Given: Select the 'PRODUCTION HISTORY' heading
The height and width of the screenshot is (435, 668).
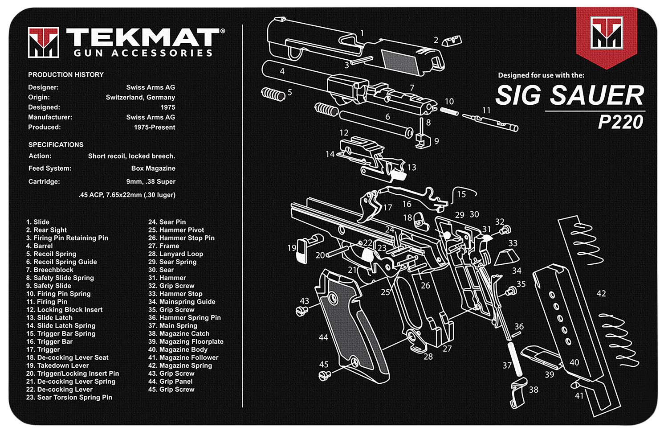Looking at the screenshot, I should click(66, 75).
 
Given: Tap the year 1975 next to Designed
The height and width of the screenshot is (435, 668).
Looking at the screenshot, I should click(168, 107).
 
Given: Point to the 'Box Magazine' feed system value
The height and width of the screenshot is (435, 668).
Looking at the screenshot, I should click(153, 168).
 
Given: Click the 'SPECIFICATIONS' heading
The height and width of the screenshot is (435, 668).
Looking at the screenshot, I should click(56, 145).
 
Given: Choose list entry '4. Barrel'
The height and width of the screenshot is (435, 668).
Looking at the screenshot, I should click(40, 246).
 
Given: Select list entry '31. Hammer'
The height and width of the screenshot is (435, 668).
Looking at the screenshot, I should click(167, 278).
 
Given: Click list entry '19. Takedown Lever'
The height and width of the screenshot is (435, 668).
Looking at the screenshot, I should click(57, 365).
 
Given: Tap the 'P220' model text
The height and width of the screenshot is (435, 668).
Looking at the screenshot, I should click(620, 122).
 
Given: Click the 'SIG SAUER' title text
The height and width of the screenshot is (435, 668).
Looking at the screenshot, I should click(570, 95).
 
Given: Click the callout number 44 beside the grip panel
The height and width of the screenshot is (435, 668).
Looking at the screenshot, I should click(323, 337).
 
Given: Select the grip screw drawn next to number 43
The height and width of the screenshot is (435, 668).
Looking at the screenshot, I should click(302, 311).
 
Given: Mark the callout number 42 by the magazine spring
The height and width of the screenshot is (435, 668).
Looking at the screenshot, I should click(601, 293).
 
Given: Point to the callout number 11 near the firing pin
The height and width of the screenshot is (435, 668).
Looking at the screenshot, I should click(486, 110).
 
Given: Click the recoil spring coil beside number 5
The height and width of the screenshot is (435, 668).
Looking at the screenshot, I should click(273, 94).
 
